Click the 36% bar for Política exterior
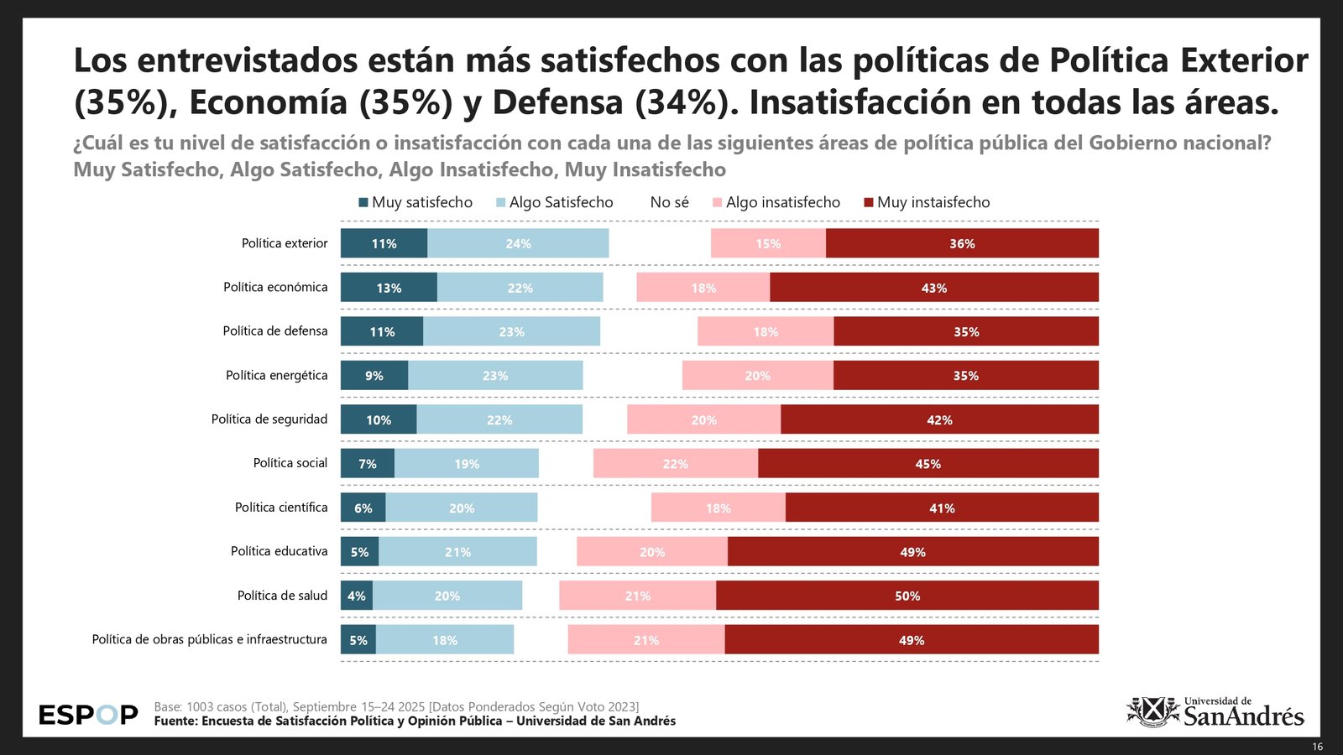962,243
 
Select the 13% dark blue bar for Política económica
389,288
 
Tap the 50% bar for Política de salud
907,596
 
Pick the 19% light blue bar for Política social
467,464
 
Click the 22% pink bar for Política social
676,464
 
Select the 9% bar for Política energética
374,376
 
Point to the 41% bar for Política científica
942,508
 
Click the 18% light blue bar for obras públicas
445,640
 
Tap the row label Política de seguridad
269,419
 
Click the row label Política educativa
280,551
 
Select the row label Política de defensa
275,331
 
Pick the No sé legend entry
669,202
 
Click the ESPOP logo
88,715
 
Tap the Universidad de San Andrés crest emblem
1153,711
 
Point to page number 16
1317,747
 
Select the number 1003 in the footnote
201,707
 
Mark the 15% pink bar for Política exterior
768,243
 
